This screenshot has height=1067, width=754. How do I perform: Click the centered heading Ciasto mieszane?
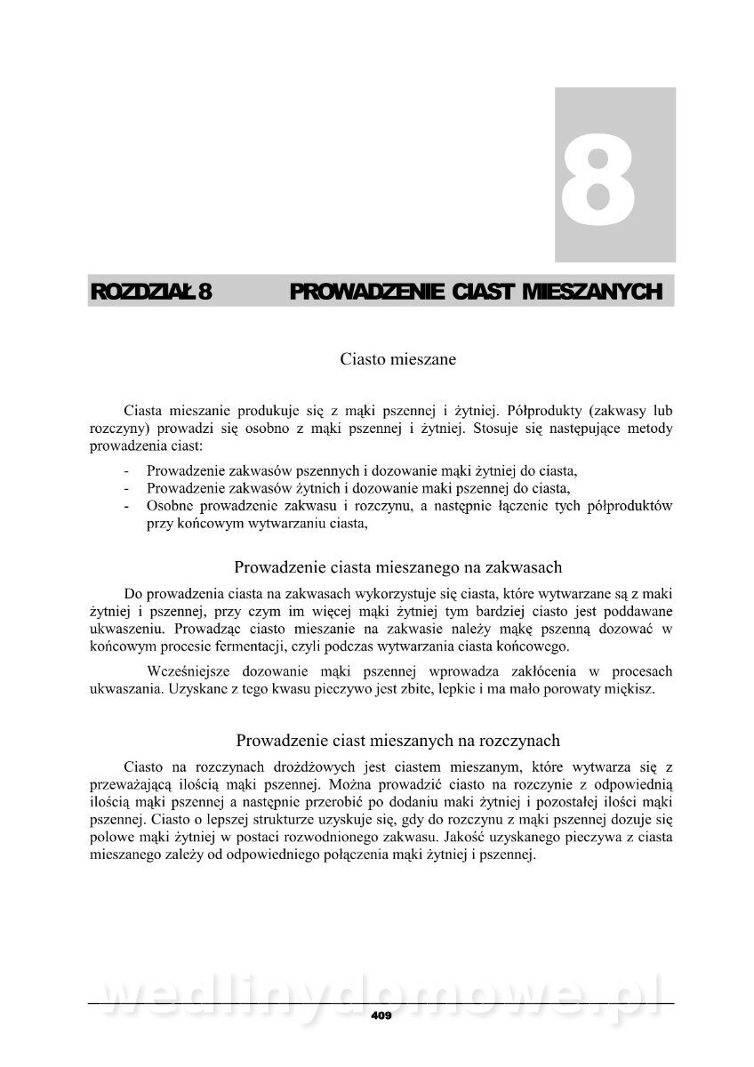point(398,360)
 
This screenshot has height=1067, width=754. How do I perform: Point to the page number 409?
point(381,1015)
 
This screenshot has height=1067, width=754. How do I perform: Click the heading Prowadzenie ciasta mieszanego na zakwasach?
point(397,566)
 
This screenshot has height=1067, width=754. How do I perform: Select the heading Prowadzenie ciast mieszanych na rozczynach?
point(397,741)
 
